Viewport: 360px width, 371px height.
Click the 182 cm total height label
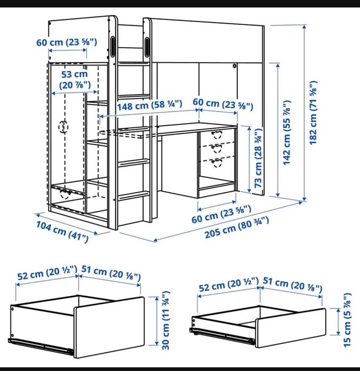pyautogui.click(x=313, y=113)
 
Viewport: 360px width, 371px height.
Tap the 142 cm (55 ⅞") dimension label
pyautogui.click(x=287, y=133)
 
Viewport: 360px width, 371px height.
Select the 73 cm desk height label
pyautogui.click(x=258, y=158)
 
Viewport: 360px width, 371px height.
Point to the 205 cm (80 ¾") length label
pyautogui.click(x=237, y=227)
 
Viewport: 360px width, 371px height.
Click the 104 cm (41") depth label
pyautogui.click(x=62, y=231)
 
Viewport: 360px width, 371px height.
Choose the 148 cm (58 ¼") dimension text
pyautogui.click(x=150, y=105)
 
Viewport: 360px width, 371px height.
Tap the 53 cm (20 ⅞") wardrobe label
pyautogui.click(x=75, y=80)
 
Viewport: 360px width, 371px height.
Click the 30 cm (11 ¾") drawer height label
pyautogui.click(x=166, y=320)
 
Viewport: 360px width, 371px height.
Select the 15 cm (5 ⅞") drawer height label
pyautogui.click(x=347, y=320)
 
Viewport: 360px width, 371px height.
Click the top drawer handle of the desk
pyautogui.click(x=217, y=134)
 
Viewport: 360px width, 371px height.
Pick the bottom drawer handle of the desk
pyautogui.click(x=217, y=163)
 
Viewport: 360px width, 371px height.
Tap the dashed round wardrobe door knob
pyautogui.click(x=63, y=127)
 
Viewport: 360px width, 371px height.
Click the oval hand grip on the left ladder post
pyautogui.click(x=113, y=47)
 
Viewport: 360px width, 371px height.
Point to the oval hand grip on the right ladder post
pyautogui.click(x=147, y=47)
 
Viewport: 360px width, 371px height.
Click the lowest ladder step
pyautogui.click(x=134, y=196)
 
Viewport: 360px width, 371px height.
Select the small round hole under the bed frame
pyautogui.click(x=234, y=66)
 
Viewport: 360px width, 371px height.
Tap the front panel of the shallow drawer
pyautogui.click(x=290, y=328)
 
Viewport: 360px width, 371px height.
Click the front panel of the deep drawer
pyautogui.click(x=109, y=327)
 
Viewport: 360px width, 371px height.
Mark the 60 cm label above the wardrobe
pyautogui.click(x=67, y=42)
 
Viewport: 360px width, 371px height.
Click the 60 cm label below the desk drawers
pyautogui.click(x=221, y=214)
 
